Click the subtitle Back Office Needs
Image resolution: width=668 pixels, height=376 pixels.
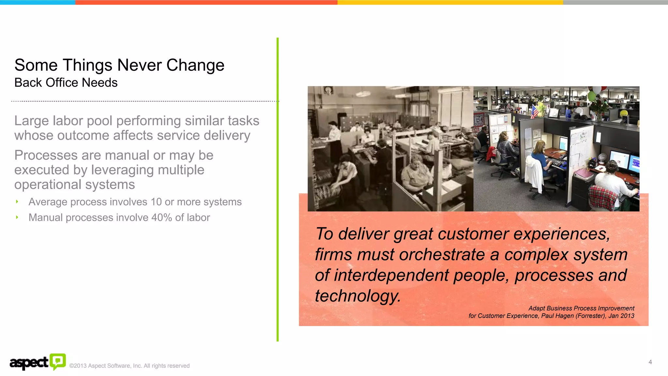tap(66, 83)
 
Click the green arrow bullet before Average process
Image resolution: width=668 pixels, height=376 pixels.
tap(17, 202)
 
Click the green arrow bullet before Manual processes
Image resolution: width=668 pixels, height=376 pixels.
tap(17, 217)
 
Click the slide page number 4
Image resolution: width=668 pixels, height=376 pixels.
tap(650, 362)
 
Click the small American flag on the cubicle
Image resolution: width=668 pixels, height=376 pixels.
tap(534, 112)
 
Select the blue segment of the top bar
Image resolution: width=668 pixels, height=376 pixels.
tap(38, 2)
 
